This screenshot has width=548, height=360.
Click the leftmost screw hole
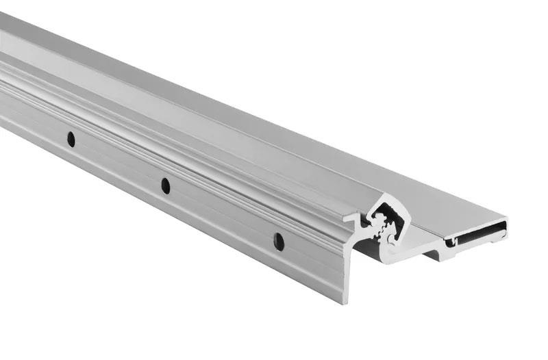pyautogui.click(x=71, y=139)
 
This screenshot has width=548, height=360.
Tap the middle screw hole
pyautogui.click(x=165, y=185)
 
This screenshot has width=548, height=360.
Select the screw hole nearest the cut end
pyautogui.click(x=278, y=240)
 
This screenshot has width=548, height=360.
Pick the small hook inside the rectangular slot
pyautogui.click(x=451, y=241)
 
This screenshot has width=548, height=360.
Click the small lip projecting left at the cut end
pyautogui.click(x=349, y=221)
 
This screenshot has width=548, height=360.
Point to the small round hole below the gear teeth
pyautogui.click(x=390, y=240)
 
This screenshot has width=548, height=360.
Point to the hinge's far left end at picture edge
pyautogui.click(x=3, y=68)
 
